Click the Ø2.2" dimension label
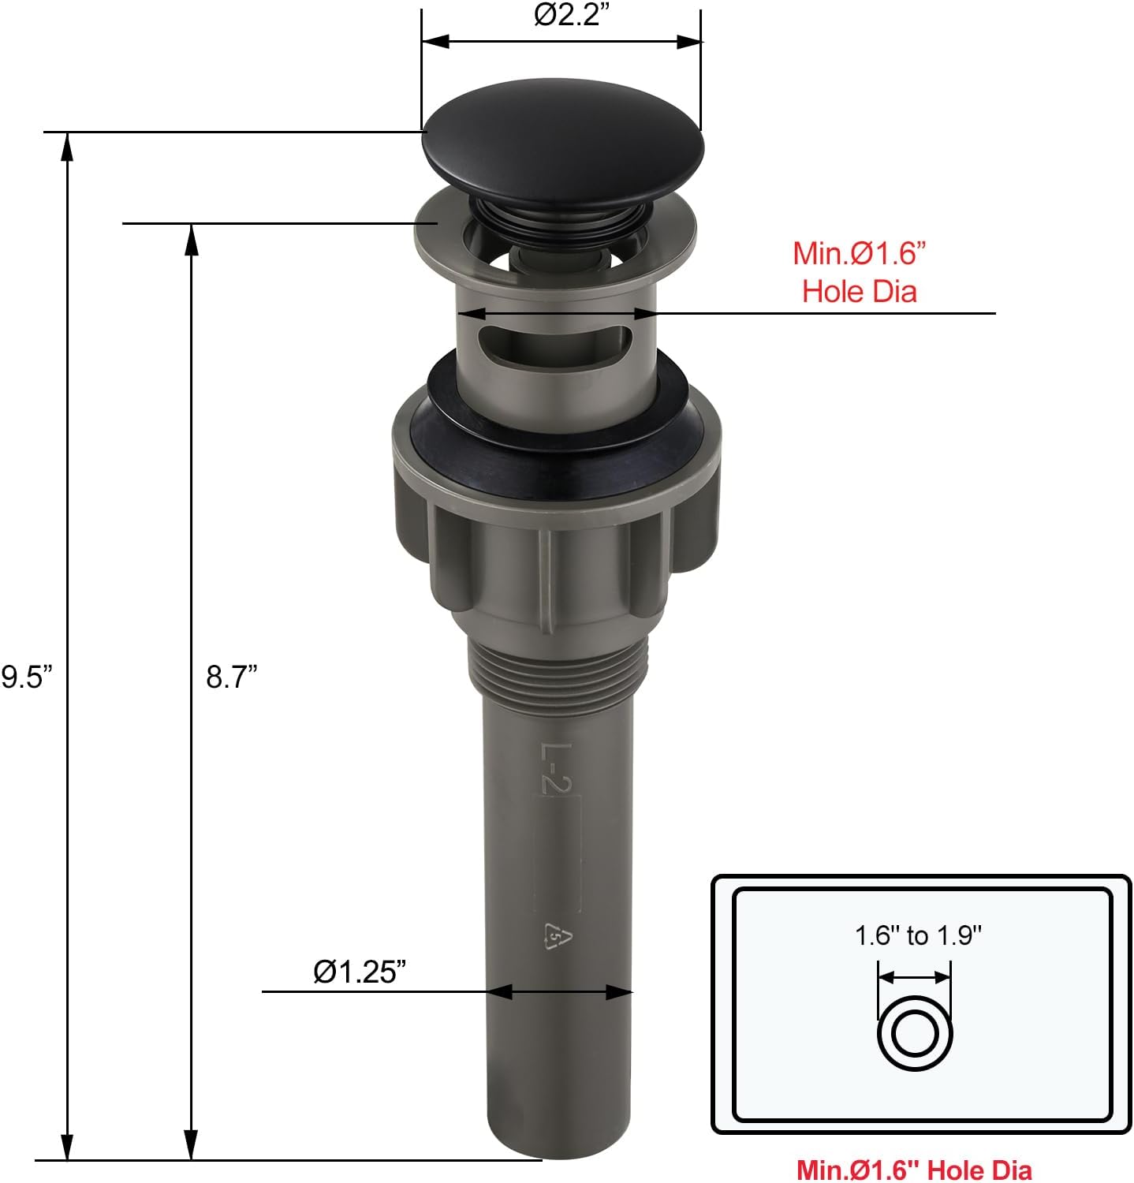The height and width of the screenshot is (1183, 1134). (x=573, y=15)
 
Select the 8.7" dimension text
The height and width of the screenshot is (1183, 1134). (x=233, y=676)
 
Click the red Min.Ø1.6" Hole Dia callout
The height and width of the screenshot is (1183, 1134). (x=860, y=272)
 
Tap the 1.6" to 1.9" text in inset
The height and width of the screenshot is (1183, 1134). (x=918, y=935)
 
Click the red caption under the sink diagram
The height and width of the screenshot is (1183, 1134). (x=914, y=1169)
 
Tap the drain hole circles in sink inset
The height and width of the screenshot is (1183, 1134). (x=915, y=1033)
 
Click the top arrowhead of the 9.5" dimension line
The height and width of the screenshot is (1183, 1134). (x=69, y=146)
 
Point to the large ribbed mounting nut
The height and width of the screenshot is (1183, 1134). (x=557, y=552)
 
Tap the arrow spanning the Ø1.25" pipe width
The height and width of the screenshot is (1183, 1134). (x=560, y=991)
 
